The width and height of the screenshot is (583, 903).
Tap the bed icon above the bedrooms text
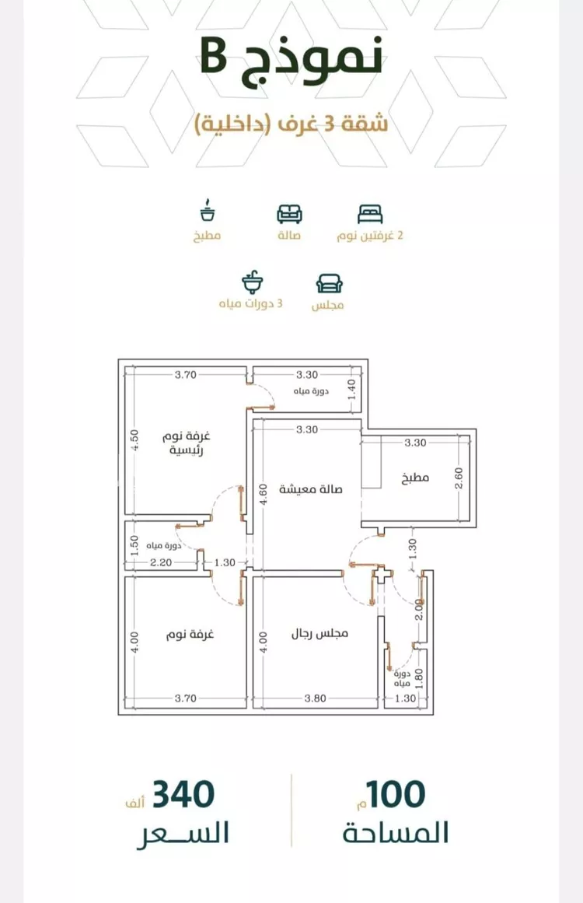click(369, 214)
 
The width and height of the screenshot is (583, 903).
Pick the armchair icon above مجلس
click(329, 283)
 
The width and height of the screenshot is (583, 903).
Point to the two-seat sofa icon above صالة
click(289, 214)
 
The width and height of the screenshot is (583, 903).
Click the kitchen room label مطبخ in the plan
click(416, 478)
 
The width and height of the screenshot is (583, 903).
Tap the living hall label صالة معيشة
click(311, 489)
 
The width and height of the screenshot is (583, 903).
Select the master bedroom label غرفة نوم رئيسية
click(187, 443)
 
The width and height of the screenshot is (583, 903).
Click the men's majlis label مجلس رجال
click(319, 633)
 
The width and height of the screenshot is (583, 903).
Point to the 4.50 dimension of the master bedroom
click(134, 440)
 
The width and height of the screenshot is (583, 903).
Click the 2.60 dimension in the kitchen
click(459, 478)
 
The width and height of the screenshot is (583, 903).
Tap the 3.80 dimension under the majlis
click(316, 698)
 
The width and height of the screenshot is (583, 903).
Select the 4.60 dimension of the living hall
click(263, 494)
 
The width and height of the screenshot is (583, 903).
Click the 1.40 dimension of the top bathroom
click(351, 390)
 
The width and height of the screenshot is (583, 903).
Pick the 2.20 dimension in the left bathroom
click(161, 562)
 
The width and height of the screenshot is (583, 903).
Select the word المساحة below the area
click(396, 833)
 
